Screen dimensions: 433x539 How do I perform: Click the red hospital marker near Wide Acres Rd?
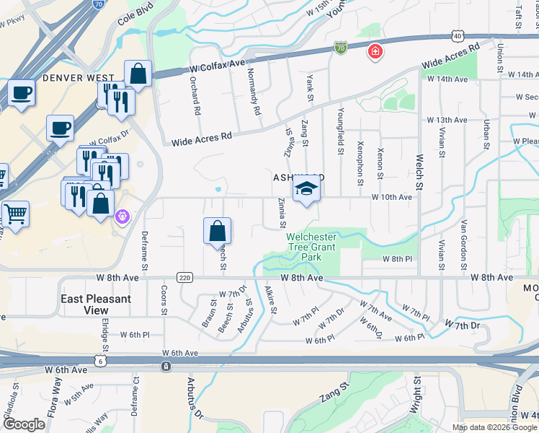[375, 51]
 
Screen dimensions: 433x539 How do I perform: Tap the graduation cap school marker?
[307, 189]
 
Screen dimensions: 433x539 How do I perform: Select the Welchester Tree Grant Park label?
[311, 247]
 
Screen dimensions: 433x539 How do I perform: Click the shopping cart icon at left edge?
[14, 214]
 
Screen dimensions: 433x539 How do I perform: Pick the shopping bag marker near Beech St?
[217, 232]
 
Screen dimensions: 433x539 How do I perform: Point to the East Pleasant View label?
[97, 305]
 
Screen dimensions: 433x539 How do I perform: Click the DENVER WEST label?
[79, 77]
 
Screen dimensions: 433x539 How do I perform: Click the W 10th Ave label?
[391, 197]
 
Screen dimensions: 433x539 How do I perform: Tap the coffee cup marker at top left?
[22, 94]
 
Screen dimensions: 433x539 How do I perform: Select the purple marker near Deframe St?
[122, 216]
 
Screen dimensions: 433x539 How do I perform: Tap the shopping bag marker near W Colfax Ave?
[138, 74]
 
